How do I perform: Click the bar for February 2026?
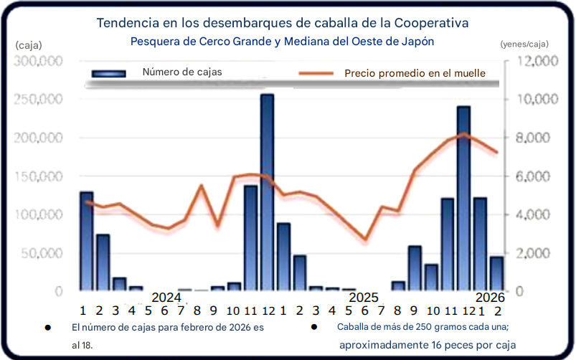(x=496, y=273)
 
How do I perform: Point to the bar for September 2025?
(x=415, y=268)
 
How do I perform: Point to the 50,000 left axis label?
(x=39, y=253)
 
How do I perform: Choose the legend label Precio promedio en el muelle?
(x=415, y=72)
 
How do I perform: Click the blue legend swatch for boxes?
(x=108, y=73)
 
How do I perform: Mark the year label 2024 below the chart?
(x=167, y=298)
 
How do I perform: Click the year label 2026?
(x=490, y=298)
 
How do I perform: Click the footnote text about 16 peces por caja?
(x=428, y=345)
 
